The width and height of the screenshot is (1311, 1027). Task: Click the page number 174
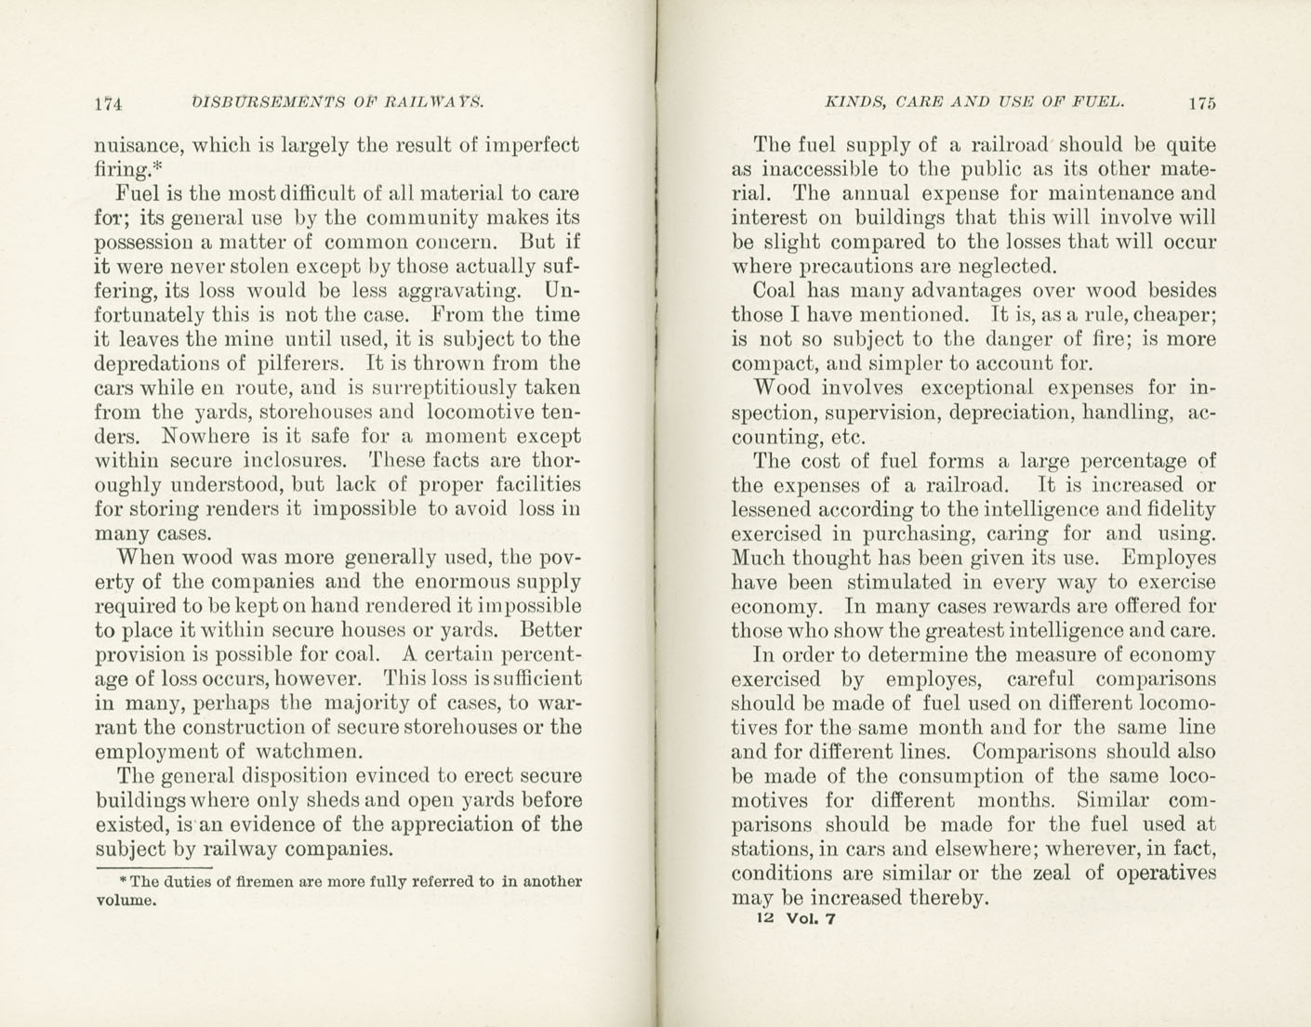click(110, 104)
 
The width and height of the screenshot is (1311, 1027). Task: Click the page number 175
click(1200, 103)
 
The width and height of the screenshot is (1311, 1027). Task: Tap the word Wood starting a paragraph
click(783, 388)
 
